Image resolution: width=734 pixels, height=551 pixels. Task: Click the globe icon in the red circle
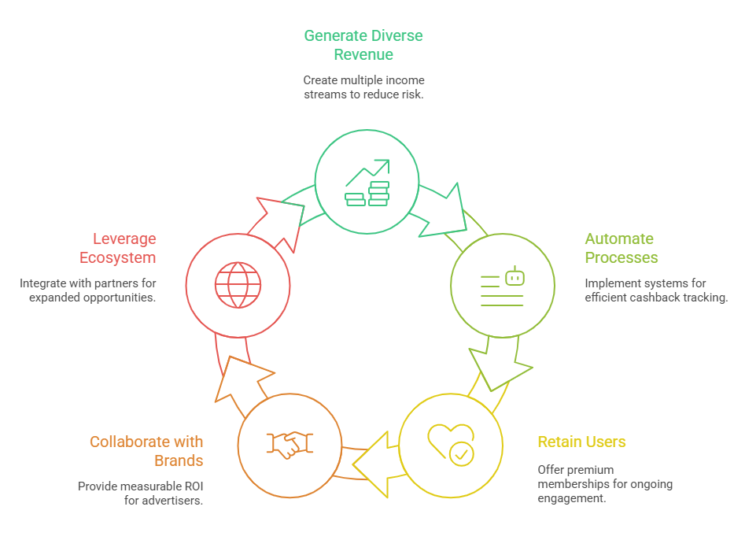tap(238, 284)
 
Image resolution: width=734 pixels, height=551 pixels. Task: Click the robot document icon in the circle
tap(502, 286)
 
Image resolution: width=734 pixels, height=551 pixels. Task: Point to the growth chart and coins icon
tap(367, 183)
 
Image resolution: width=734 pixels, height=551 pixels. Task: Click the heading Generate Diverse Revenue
tap(363, 45)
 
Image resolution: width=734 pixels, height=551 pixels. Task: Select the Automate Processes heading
tap(621, 248)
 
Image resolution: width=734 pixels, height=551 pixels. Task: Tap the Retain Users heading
tap(581, 442)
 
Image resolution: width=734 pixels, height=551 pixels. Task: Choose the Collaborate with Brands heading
tap(146, 451)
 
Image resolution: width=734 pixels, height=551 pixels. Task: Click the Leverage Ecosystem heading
tap(117, 248)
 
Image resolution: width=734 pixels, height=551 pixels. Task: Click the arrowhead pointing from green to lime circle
tap(444, 209)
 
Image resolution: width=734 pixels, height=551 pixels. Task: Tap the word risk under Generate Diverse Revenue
tap(414, 94)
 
